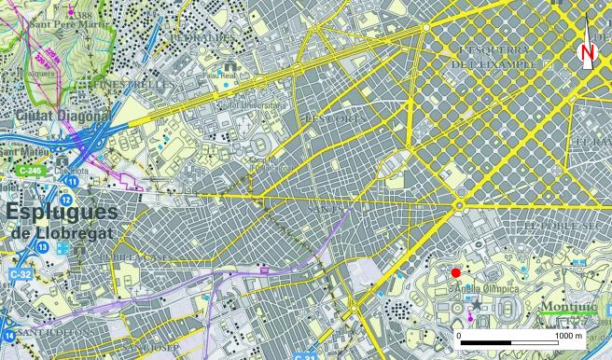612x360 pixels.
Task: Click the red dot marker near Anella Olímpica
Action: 455,272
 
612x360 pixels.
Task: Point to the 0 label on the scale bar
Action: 459,335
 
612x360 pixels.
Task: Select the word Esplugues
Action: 61,212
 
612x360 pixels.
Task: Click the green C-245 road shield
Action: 28,172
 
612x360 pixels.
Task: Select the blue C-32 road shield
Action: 20,275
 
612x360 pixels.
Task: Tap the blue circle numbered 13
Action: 43,246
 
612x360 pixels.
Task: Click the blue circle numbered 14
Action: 7,335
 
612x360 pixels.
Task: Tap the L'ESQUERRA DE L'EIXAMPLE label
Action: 494,55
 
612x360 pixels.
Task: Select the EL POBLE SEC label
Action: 558,226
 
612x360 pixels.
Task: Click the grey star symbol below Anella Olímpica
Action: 478,305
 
